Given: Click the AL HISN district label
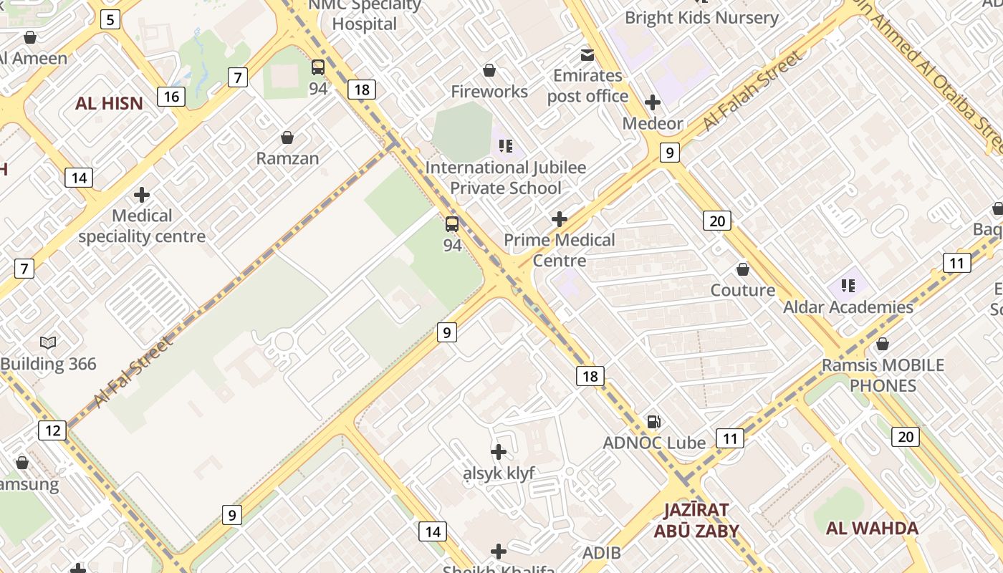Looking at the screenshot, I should point(109,103).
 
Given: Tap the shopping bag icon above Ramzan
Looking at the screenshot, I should point(287,137).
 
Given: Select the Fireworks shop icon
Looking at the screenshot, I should point(489,70).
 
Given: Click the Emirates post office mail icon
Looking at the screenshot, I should point(587,54).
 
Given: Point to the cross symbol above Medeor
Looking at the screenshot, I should point(653,102).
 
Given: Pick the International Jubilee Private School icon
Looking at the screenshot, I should point(506,146).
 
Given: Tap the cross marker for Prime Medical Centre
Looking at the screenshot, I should point(560,219).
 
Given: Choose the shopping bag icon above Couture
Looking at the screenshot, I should point(743,269).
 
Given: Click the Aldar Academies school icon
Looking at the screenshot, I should point(848,286).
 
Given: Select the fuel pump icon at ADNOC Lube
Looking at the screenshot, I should point(653,422).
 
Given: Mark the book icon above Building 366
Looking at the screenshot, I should point(48,342).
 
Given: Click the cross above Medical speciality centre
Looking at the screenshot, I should point(142,194).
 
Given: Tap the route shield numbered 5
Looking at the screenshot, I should point(110,19).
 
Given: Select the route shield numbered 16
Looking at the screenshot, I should point(171,96).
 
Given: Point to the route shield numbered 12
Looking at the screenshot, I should point(52,430).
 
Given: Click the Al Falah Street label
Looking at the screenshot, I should point(752,91).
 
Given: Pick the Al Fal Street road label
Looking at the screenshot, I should point(133,372).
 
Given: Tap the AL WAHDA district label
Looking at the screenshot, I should point(872,529).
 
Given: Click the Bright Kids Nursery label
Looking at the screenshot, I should point(701,18).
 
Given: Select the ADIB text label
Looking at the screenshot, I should point(602,553).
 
